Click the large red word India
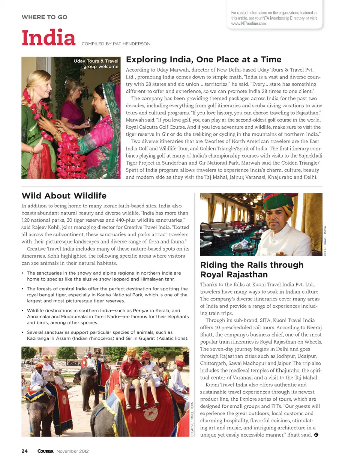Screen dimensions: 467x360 (x=48, y=38)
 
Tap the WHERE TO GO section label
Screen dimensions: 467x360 (x=44, y=17)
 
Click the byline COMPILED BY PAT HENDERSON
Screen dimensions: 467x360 (x=116, y=44)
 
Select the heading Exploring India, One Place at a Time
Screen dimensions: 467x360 (x=204, y=60)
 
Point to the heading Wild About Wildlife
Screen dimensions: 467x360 (x=64, y=196)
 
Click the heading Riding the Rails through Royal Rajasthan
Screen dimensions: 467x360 (x=252, y=270)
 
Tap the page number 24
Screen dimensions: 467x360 (x=24, y=451)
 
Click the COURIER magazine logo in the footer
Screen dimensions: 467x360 (x=45, y=451)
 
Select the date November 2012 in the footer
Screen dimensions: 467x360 (x=73, y=451)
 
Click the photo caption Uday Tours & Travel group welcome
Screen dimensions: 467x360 (x=96, y=64)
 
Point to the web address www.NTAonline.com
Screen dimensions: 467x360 (x=249, y=23)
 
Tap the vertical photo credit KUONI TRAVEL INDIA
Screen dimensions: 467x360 (x=325, y=240)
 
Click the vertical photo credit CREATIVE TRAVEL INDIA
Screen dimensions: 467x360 (x=192, y=419)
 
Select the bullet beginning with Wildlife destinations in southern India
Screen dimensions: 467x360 (x=108, y=317)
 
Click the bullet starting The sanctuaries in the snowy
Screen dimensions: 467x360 (x=104, y=276)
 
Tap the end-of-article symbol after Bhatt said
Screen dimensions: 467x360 (x=316, y=435)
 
